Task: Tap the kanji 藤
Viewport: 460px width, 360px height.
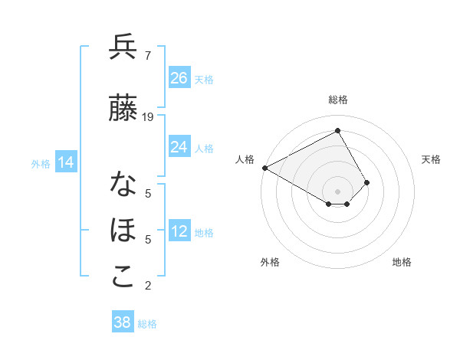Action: point(123,108)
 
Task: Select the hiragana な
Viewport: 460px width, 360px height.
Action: point(123,185)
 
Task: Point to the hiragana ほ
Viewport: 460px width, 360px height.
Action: point(123,231)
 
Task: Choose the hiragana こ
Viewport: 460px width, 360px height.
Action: point(123,277)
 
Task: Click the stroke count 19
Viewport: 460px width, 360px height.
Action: point(148,117)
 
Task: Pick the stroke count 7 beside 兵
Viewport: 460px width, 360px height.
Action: point(147,56)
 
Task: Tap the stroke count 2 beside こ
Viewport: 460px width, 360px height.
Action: point(147,286)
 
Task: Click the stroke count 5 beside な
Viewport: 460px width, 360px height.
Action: point(147,194)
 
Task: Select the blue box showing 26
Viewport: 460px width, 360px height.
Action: point(179,77)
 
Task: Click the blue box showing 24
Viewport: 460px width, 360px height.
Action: point(179,146)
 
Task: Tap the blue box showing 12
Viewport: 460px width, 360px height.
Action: point(179,232)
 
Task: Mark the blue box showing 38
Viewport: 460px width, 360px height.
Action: point(122,322)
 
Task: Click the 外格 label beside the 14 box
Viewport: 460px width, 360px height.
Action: point(41,163)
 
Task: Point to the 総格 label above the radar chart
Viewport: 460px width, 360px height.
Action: point(337,100)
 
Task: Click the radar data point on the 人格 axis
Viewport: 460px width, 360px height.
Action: point(264,167)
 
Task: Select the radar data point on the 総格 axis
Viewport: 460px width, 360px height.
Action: point(337,130)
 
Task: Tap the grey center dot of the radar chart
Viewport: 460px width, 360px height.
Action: point(337,190)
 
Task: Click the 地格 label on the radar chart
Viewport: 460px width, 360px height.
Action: point(402,262)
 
